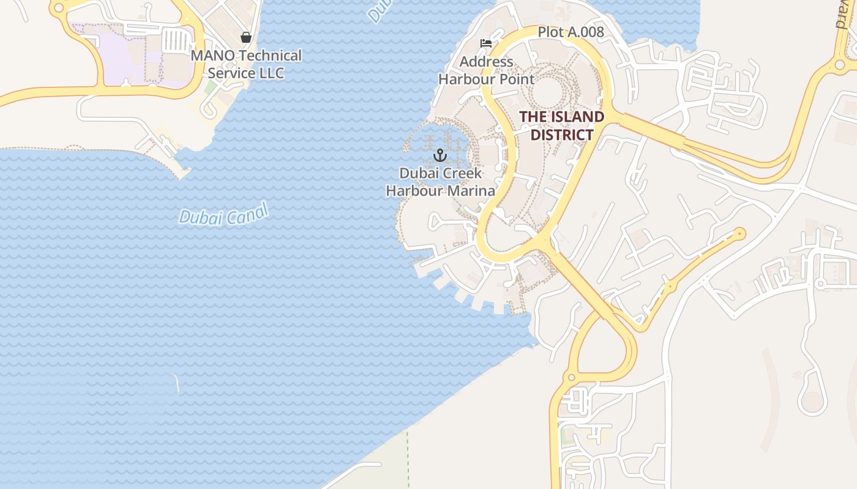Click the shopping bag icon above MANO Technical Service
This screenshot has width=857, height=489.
(246, 37)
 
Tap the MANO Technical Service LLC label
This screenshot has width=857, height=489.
(246, 64)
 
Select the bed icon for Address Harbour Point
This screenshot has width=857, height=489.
(486, 43)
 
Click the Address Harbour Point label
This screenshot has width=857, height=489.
(486, 70)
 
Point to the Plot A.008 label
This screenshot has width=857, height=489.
(571, 32)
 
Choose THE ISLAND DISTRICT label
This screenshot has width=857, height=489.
(562, 125)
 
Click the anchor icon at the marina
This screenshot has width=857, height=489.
(440, 155)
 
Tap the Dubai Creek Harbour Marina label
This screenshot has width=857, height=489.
(440, 182)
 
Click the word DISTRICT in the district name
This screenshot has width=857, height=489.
(562, 134)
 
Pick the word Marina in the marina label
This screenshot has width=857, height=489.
(471, 191)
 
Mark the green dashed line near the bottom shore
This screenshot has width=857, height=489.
(408, 458)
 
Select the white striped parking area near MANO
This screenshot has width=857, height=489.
(177, 41)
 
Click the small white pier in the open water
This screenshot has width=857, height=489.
(176, 383)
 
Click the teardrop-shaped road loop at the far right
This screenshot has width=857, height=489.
(812, 400)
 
